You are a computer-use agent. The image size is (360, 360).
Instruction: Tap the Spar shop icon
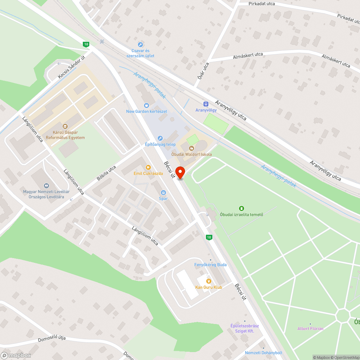(x=163, y=193)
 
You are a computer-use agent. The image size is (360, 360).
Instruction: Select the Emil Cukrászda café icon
(x=148, y=167)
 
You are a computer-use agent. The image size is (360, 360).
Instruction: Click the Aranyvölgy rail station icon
(x=206, y=104)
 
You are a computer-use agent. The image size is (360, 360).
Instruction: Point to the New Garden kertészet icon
(x=146, y=105)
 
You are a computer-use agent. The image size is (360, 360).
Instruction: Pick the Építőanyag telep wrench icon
(x=160, y=138)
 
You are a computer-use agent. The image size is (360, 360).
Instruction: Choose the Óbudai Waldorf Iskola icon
(x=192, y=148)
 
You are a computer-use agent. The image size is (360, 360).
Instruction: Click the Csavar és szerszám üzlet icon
(x=140, y=45)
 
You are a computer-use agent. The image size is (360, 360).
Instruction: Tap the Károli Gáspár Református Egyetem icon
(x=65, y=126)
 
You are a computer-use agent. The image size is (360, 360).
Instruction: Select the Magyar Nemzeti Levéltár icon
(x=46, y=186)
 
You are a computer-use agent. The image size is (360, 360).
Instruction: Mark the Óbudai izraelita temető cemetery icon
(x=242, y=208)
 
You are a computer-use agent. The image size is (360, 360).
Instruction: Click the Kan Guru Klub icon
(x=208, y=281)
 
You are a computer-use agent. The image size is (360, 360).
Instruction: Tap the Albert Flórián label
(x=310, y=328)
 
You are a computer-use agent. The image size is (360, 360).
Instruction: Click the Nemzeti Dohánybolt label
(x=264, y=353)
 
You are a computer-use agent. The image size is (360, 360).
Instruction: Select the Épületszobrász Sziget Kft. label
(x=244, y=328)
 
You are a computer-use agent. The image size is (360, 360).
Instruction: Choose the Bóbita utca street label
(x=107, y=173)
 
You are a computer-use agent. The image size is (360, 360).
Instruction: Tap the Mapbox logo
(x=16, y=355)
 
